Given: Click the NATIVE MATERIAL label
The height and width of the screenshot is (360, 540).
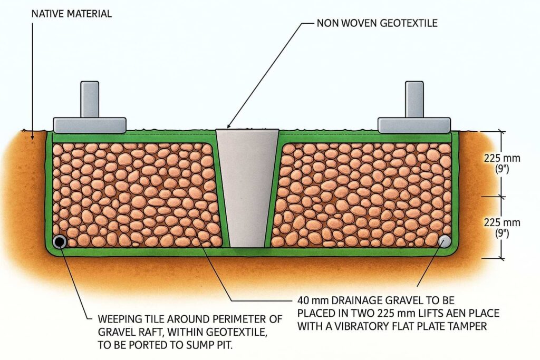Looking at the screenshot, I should click(71, 14).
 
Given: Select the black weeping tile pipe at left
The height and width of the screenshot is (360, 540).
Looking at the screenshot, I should click(60, 242).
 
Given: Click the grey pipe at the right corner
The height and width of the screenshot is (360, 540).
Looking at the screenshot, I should click(445, 241).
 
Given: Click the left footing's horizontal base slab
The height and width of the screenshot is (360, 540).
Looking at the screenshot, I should click(90, 125).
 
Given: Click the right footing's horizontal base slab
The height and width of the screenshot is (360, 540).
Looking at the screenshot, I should click(414, 125).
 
